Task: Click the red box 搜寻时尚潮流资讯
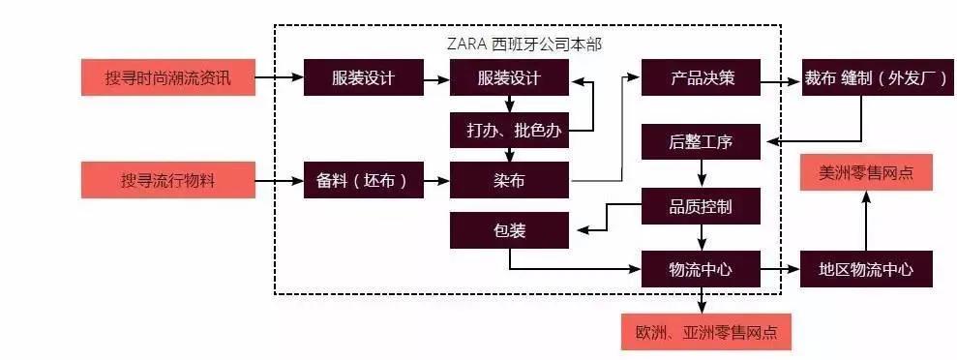point(168,77)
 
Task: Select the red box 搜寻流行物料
point(168,180)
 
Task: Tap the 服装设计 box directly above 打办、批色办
point(509,77)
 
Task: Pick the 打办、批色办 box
point(509,130)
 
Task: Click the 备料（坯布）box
point(363,180)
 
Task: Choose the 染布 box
point(509,180)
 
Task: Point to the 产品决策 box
point(702,77)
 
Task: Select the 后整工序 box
point(702,142)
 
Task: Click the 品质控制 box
point(702,205)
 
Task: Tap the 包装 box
point(509,229)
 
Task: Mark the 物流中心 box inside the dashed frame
point(702,269)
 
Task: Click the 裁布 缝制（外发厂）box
point(867,77)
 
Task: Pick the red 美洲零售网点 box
point(867,173)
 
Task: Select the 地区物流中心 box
point(867,269)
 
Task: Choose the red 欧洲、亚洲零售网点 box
point(706,333)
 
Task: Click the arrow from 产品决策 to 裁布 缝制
point(781,83)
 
